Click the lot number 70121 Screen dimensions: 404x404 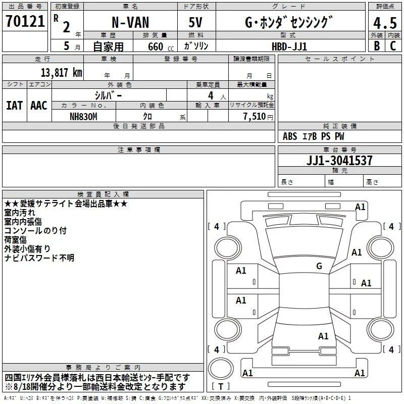click(x=25, y=21)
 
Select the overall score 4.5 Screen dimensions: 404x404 click(x=385, y=23)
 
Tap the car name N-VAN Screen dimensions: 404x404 click(x=130, y=22)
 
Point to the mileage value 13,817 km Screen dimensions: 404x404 click(x=61, y=73)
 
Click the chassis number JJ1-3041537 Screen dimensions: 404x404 click(x=339, y=160)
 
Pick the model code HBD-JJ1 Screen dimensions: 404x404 click(x=289, y=46)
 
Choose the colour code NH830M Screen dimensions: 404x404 click(x=83, y=117)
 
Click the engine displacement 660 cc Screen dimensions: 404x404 click(x=161, y=46)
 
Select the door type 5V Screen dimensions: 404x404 click(x=195, y=22)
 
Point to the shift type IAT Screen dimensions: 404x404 click(x=15, y=106)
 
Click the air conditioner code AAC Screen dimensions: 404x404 click(x=39, y=106)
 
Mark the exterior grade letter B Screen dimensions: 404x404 click(x=377, y=46)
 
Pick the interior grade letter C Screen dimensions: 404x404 click(x=393, y=46)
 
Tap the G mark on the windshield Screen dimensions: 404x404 click(x=319, y=266)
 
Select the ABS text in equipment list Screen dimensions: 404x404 click(x=290, y=136)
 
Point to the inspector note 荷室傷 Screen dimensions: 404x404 click(x=16, y=239)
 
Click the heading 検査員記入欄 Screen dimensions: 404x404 click(x=103, y=194)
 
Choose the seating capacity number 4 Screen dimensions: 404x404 click(x=211, y=95)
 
